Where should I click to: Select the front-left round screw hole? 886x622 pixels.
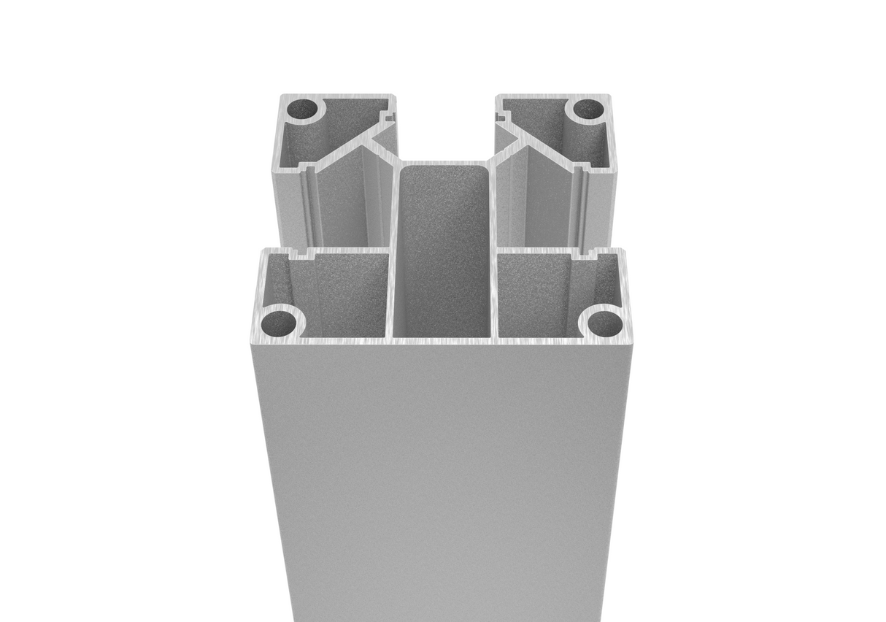pyautogui.click(x=280, y=321)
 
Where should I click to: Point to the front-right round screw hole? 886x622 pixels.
pyautogui.click(x=604, y=322)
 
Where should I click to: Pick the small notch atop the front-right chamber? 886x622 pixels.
pyautogui.click(x=583, y=255)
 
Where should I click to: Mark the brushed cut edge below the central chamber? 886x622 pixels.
pyautogui.click(x=443, y=341)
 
